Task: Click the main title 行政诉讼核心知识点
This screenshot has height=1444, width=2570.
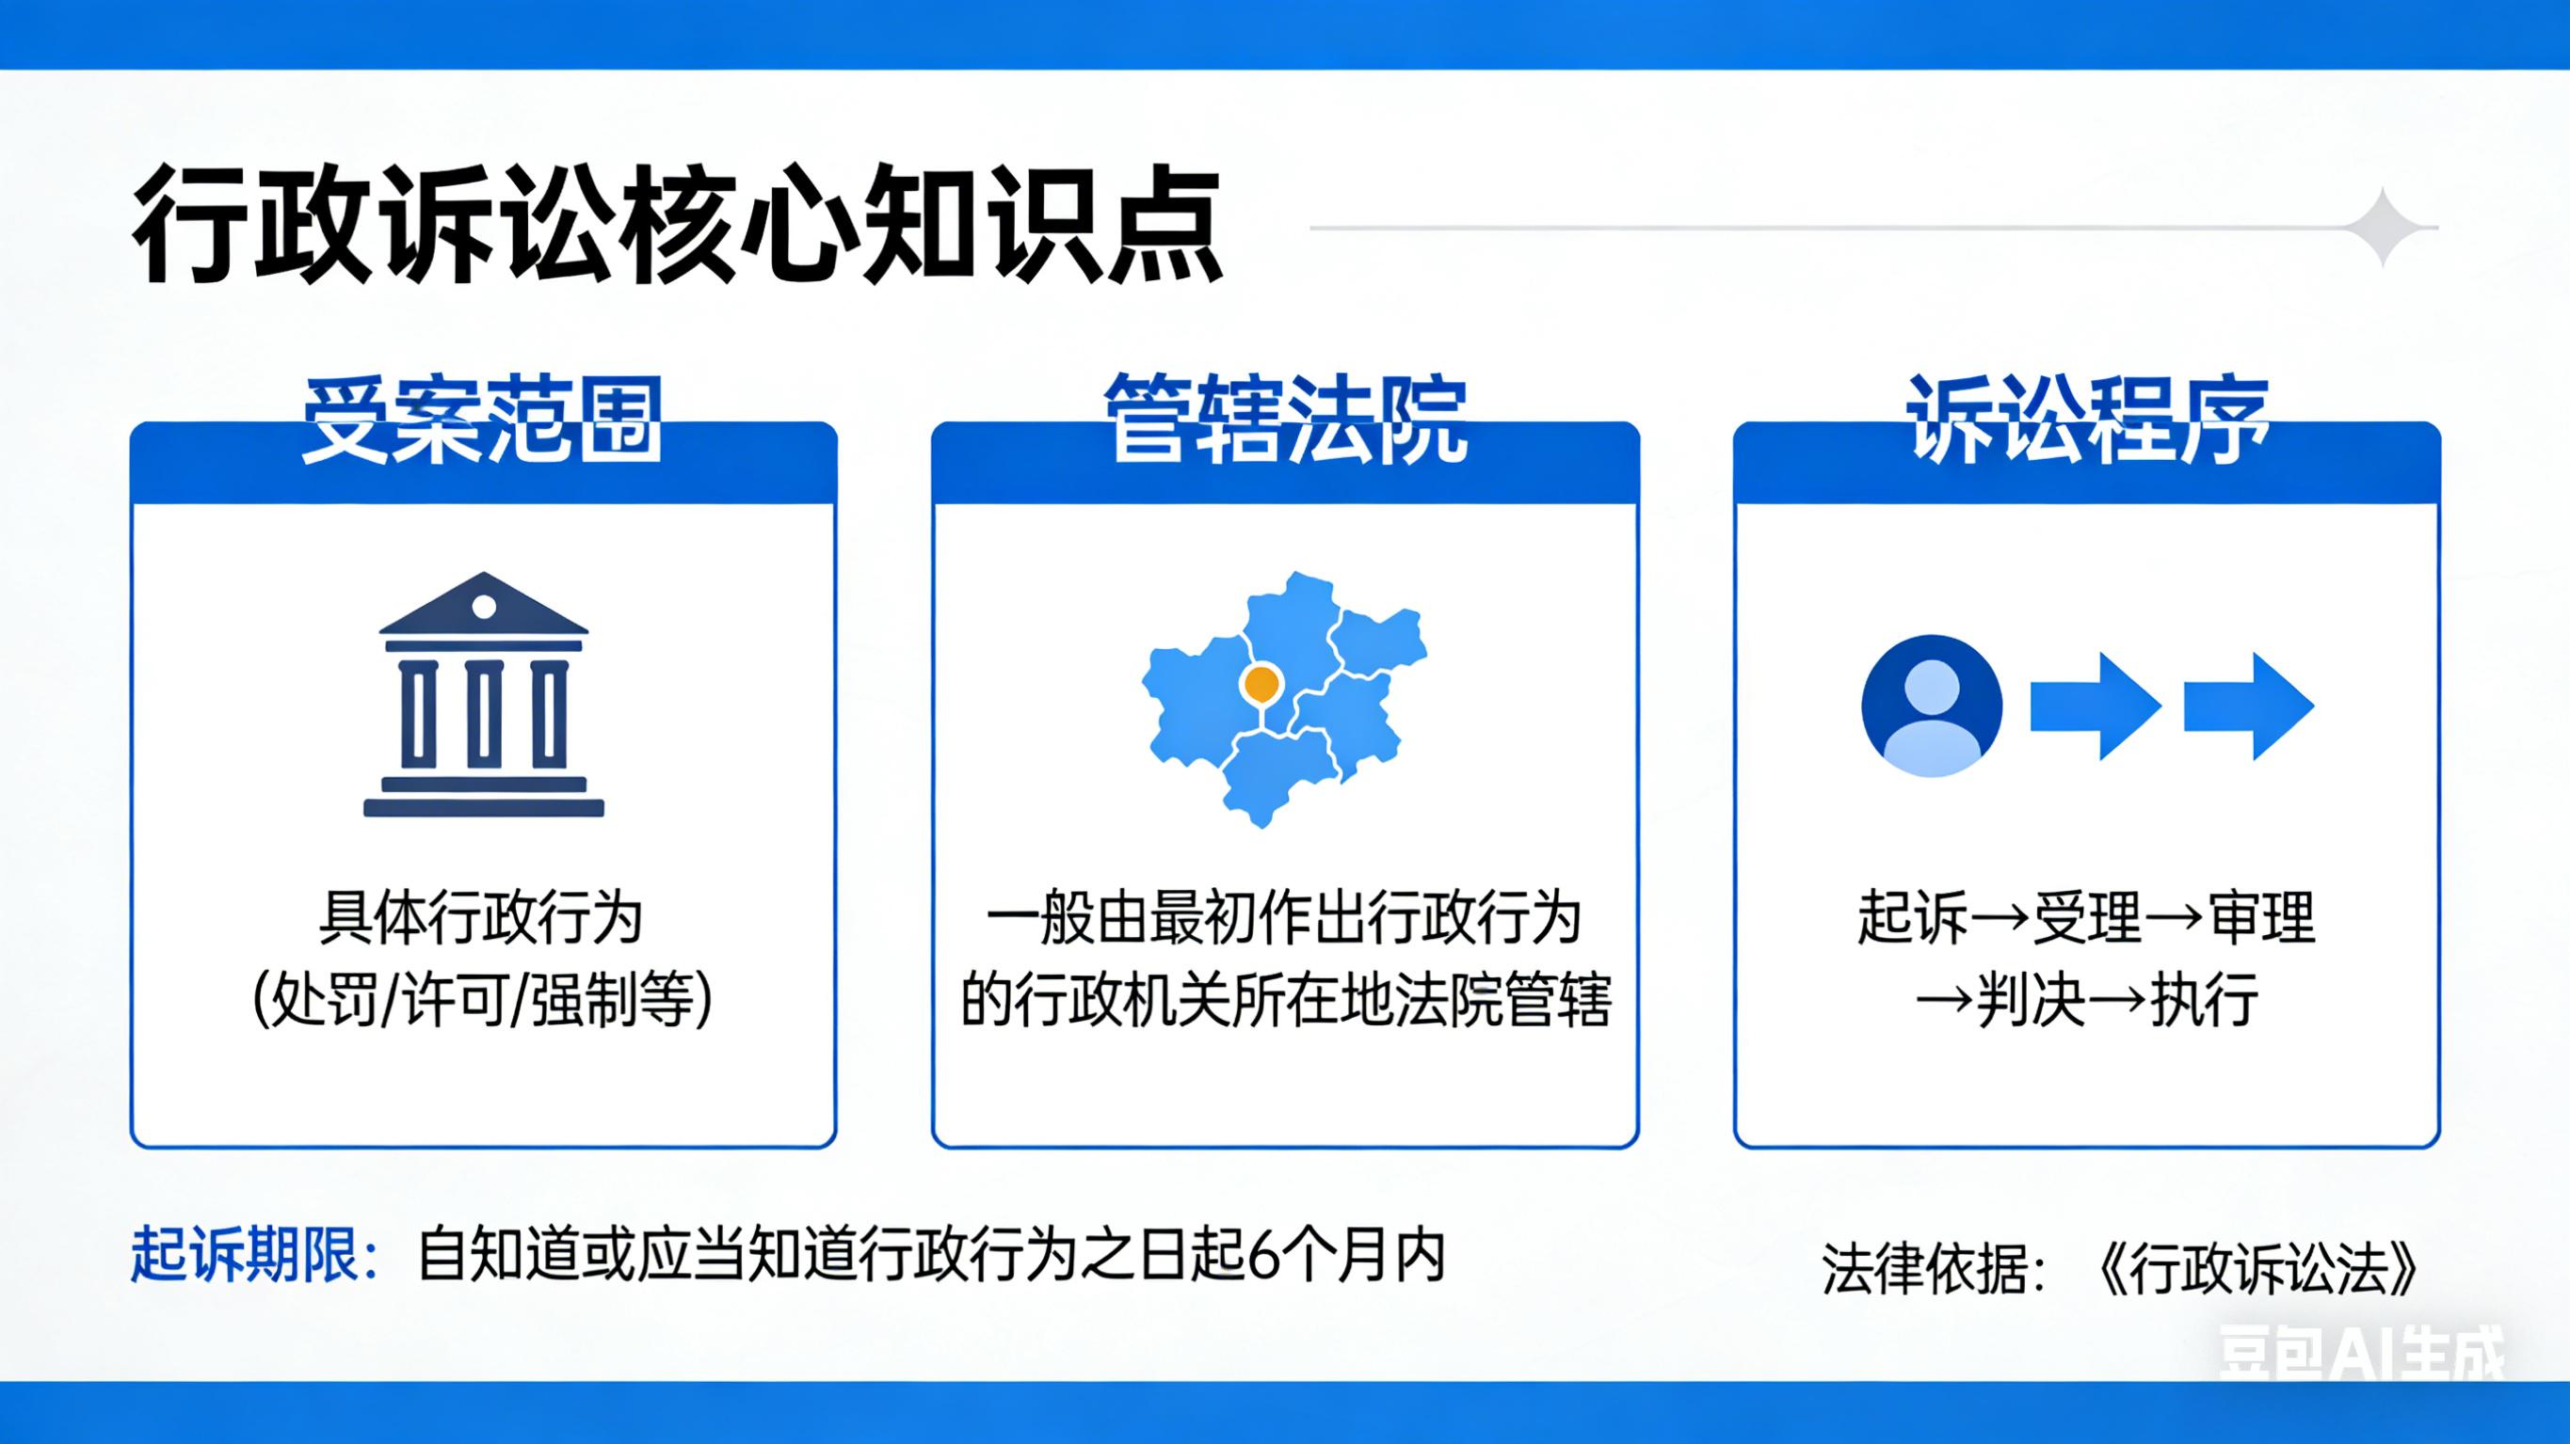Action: tap(678, 229)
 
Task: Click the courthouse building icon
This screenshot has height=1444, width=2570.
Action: tap(484, 695)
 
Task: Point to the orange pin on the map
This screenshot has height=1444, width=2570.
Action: tap(1261, 684)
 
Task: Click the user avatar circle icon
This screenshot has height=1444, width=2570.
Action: tap(1933, 706)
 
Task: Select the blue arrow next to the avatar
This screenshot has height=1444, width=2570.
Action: tap(2096, 706)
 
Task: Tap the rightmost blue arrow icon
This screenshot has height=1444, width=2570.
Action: tap(2249, 706)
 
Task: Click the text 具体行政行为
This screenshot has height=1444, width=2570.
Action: tap(481, 918)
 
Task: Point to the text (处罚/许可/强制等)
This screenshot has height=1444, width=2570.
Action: tap(483, 1000)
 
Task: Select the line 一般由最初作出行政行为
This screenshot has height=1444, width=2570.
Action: tap(1285, 918)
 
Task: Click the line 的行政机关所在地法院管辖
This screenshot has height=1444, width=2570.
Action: tap(1285, 1000)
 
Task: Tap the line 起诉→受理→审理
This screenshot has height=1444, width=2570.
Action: tap(2086, 918)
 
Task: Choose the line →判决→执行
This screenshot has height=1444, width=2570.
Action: tap(2087, 1000)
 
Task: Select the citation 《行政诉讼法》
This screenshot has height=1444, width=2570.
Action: tap(2257, 1269)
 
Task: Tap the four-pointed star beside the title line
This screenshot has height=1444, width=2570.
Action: tap(2385, 228)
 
